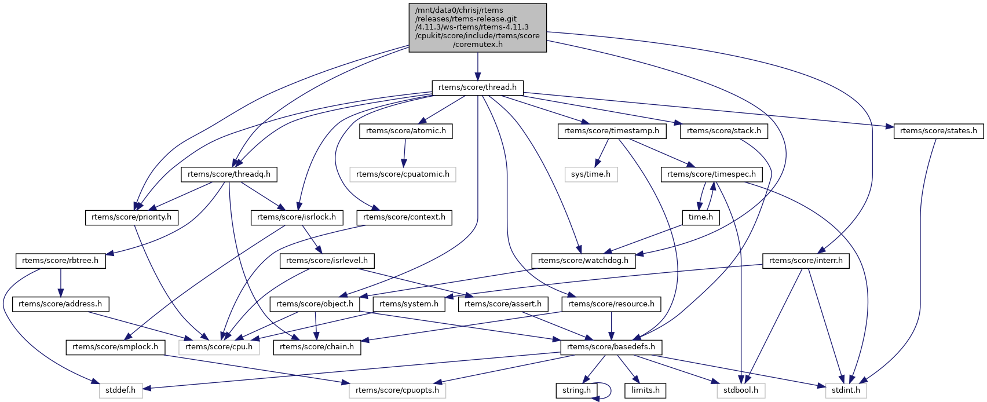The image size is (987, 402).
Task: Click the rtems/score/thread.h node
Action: (x=477, y=87)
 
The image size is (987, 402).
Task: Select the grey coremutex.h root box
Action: (x=477, y=27)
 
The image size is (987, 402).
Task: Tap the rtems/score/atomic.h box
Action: (x=405, y=131)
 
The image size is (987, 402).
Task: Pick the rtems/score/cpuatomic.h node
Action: (x=403, y=174)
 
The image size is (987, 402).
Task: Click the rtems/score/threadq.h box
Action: (x=229, y=174)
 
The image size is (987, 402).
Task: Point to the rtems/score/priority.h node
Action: (x=131, y=217)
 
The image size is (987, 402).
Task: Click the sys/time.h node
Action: (x=591, y=174)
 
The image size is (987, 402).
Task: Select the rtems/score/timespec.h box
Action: (x=711, y=174)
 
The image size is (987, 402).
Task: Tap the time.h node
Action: (x=700, y=217)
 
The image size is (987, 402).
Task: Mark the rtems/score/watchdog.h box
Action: (x=583, y=261)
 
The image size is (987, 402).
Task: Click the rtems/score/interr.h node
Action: (x=806, y=261)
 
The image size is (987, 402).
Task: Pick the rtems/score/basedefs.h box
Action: (x=611, y=347)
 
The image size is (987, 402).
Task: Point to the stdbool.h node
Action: (x=741, y=390)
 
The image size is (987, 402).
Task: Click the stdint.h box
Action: (x=846, y=390)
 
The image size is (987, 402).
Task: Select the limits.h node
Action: (x=645, y=390)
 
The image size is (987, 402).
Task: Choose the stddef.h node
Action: (x=120, y=390)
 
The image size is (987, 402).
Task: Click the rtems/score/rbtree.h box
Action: (x=60, y=261)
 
